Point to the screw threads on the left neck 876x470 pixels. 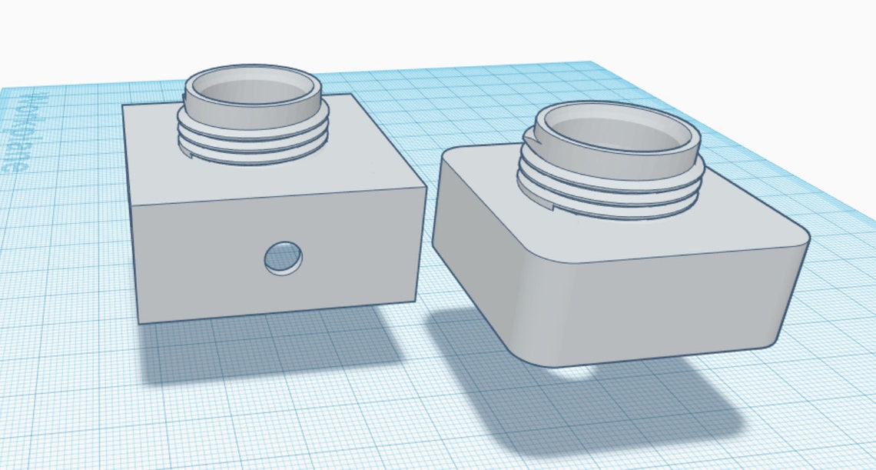tap(254, 138)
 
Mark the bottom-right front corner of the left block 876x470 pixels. tap(414, 301)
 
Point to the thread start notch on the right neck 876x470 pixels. tap(528, 138)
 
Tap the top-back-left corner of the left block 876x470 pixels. tap(124, 105)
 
